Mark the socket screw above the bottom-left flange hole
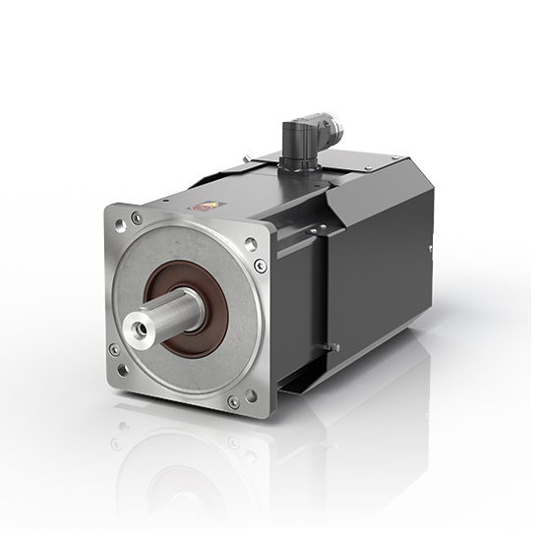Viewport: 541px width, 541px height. coord(115,349)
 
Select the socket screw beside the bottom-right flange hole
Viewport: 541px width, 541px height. coord(233,401)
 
